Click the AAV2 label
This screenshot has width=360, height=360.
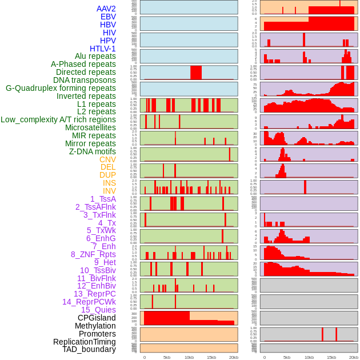pos(106,9)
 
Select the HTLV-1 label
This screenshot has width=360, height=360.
pos(102,49)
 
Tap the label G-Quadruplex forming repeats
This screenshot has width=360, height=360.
pos(61,88)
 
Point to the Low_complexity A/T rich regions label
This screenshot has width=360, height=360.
pos(58,119)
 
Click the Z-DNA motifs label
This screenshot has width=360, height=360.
pos(92,151)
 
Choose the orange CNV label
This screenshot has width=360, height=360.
pos(107,159)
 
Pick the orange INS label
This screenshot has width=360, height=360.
pos(109,183)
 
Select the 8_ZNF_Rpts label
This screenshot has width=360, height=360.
pos(93,254)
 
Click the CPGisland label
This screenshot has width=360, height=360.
pos(97,318)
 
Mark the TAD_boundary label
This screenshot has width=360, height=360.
pos(89,349)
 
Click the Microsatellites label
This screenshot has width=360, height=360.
pos(90,127)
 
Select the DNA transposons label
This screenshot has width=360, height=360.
pos(85,80)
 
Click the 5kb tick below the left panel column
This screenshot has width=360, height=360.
pos(167,357)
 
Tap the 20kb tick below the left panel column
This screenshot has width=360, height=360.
pos(233,357)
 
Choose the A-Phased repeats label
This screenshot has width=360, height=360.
pos(83,65)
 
